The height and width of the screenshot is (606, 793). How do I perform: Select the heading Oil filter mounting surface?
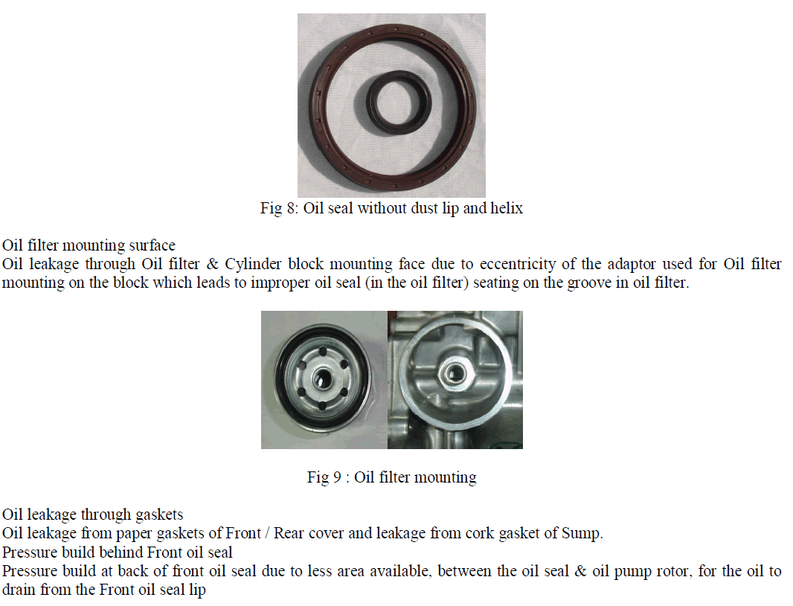point(89,245)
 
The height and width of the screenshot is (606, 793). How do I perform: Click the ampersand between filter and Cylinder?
point(213,264)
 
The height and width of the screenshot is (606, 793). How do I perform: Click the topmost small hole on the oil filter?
point(321,350)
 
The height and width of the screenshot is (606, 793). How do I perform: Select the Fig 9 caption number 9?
point(337,477)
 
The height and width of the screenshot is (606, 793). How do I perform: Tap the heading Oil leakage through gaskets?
point(92,515)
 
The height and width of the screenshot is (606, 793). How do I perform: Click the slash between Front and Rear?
point(268,534)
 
